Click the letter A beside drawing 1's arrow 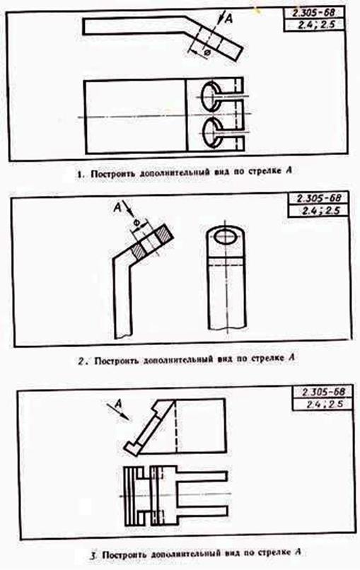tap(228, 18)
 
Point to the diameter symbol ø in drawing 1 tap(207, 53)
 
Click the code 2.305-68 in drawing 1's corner tap(313, 13)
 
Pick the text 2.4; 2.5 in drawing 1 tap(315, 25)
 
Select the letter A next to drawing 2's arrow tap(117, 208)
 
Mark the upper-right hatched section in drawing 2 tap(164, 235)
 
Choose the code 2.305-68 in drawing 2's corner tap(319, 199)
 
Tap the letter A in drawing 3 tap(117, 403)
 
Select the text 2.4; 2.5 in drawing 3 tap(325, 405)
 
